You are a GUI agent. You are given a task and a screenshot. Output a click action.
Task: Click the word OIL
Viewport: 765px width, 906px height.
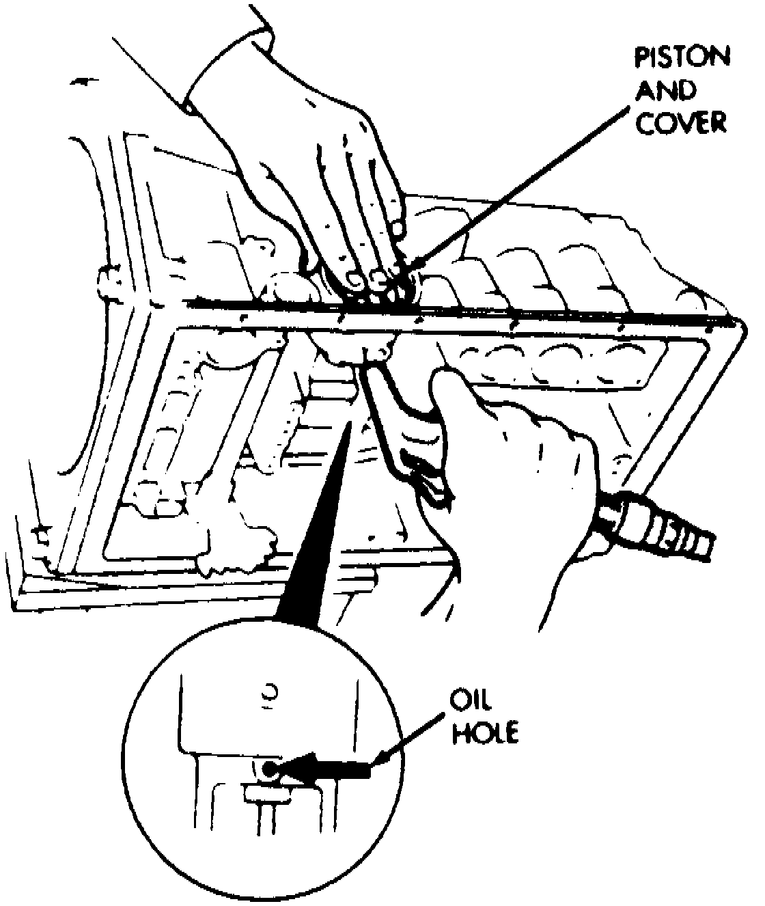(470, 702)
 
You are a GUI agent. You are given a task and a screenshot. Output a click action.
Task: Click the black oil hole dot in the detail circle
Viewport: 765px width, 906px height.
(268, 769)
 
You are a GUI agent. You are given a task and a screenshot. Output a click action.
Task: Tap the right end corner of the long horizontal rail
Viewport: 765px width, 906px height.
(734, 321)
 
